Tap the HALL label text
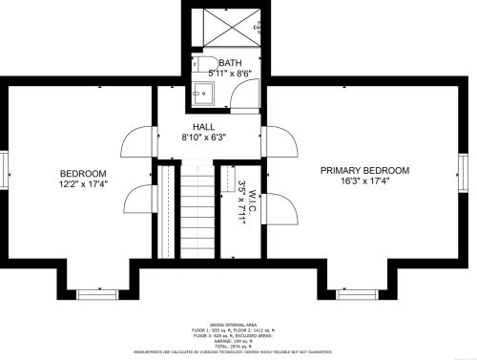(204, 126)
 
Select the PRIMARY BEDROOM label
(364, 170)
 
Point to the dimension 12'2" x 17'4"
(83, 183)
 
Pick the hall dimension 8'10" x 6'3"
(203, 138)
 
